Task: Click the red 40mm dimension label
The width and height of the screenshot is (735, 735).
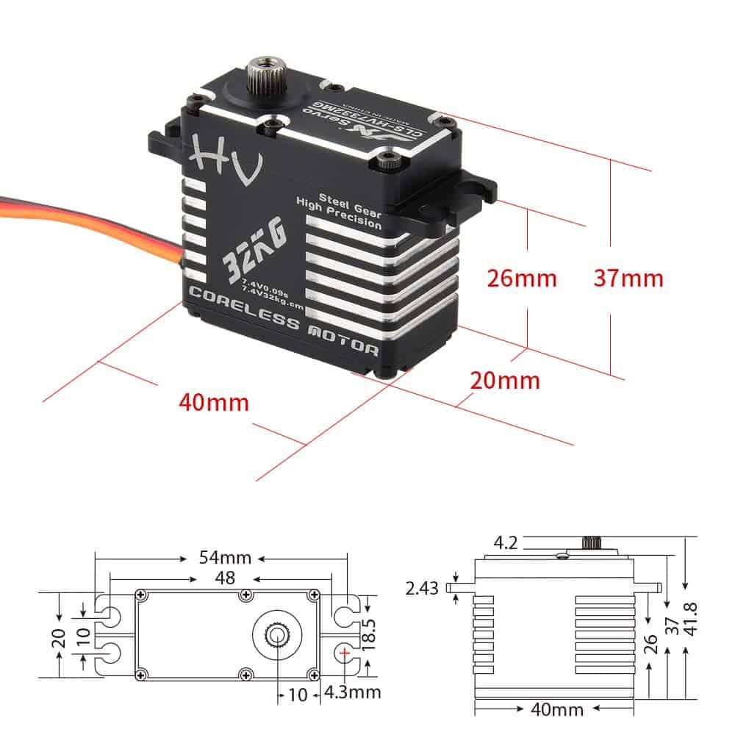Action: [213, 403]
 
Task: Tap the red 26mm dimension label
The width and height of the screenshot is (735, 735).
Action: [522, 279]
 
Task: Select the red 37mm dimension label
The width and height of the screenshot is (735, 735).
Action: [628, 279]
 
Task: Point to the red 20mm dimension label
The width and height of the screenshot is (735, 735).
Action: [505, 380]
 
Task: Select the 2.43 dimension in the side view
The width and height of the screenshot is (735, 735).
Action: [423, 588]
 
